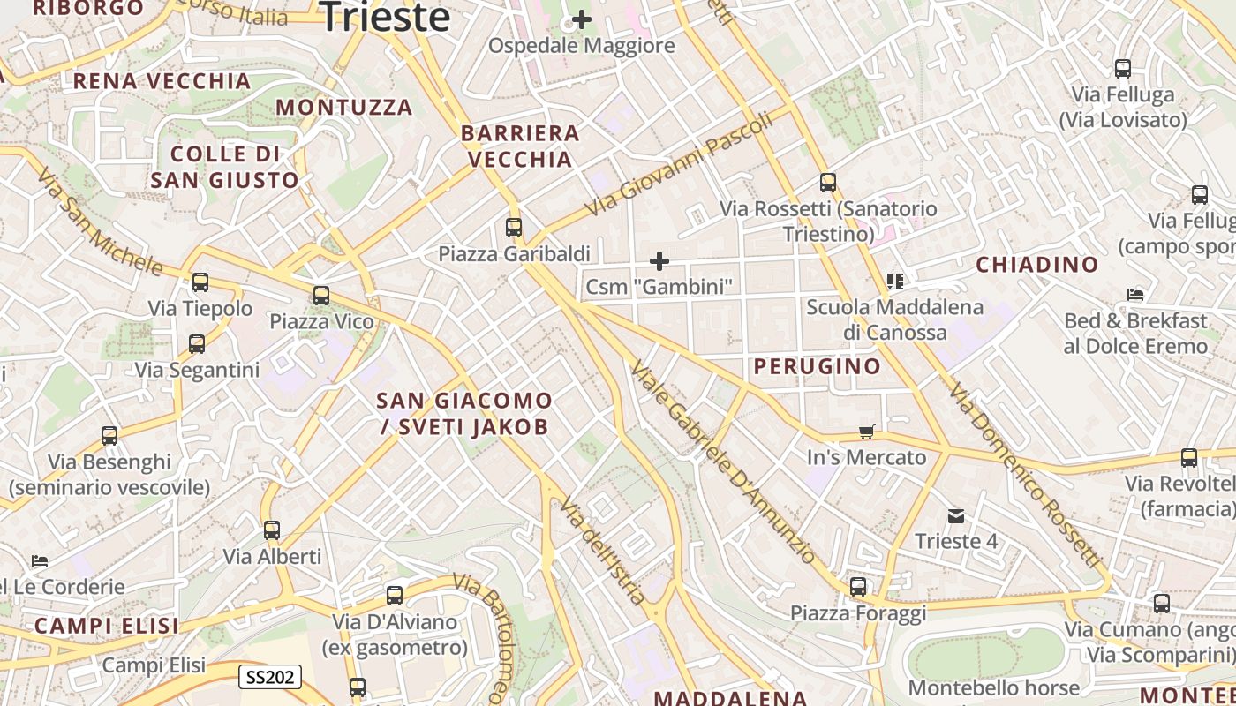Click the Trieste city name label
(385, 17)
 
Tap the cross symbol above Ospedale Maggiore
(582, 19)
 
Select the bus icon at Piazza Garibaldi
(514, 228)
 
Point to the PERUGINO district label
(817, 366)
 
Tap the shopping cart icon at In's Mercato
(867, 432)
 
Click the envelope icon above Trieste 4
(955, 515)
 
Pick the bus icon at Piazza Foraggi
(857, 587)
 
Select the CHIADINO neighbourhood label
(1037, 264)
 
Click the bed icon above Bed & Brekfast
(1135, 295)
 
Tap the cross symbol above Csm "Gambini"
(659, 260)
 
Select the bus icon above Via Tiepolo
(200, 282)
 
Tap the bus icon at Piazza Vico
(321, 295)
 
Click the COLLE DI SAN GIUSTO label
(224, 167)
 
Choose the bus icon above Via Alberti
(272, 530)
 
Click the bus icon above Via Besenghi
(109, 436)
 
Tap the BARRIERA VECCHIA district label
(520, 146)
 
